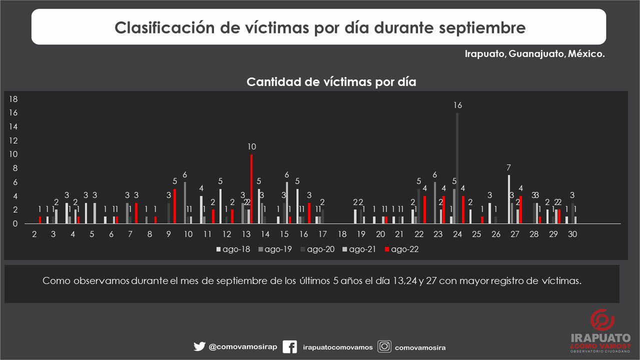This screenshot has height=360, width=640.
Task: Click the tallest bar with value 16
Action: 457,168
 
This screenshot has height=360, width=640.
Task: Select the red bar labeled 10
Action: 251,189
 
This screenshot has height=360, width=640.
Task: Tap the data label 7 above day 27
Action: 508,167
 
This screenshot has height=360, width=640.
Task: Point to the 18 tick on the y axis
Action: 14,99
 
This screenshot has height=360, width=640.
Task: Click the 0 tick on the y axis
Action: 15,223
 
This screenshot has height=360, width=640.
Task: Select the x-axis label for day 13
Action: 246,234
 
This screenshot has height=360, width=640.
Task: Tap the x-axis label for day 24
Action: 457,234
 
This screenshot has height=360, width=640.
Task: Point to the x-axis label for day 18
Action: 342,234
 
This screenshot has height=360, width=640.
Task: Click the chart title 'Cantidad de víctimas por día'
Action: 331,82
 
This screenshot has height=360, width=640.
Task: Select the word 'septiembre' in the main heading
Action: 482,27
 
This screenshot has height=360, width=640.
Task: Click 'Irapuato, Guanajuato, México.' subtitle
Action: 534,54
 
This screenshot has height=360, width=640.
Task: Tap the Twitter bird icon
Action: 199,347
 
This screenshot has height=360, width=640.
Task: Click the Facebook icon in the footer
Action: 289,347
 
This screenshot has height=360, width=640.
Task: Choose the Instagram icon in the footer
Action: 384,346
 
